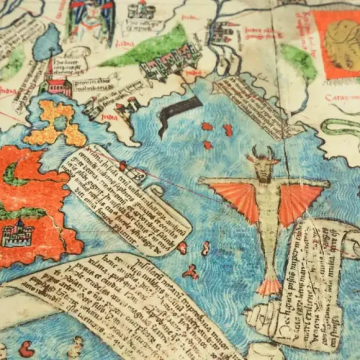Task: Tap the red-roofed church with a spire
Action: point(58,81)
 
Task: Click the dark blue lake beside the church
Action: point(47,43)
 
